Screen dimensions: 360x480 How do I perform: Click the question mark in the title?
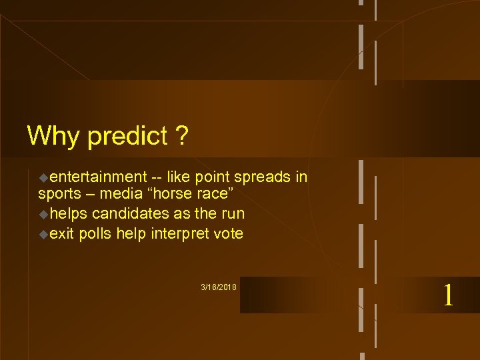[x=181, y=136]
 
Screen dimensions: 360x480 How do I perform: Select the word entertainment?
[x=97, y=177]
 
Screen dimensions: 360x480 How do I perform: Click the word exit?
[x=61, y=233]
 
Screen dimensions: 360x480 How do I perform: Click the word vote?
[x=227, y=233]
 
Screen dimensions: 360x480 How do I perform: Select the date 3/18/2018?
[x=219, y=287]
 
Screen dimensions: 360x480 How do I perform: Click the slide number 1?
[x=448, y=295]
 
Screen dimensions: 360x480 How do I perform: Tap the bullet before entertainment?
[x=43, y=178]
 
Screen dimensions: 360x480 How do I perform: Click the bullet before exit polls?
[x=43, y=234]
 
